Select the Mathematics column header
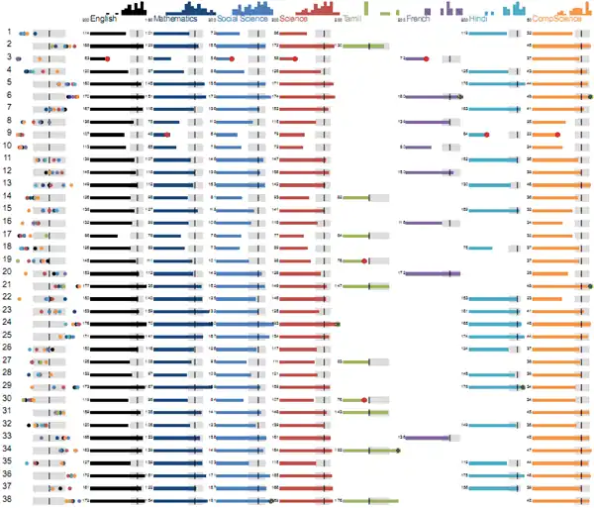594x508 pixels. click(x=176, y=19)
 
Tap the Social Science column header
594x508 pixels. click(x=241, y=19)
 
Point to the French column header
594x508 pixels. click(x=418, y=19)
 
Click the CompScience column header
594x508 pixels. click(x=556, y=19)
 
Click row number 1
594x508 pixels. click(x=8, y=33)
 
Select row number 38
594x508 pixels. click(x=8, y=500)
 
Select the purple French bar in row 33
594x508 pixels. click(x=426, y=437)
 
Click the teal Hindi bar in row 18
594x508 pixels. click(x=479, y=248)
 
